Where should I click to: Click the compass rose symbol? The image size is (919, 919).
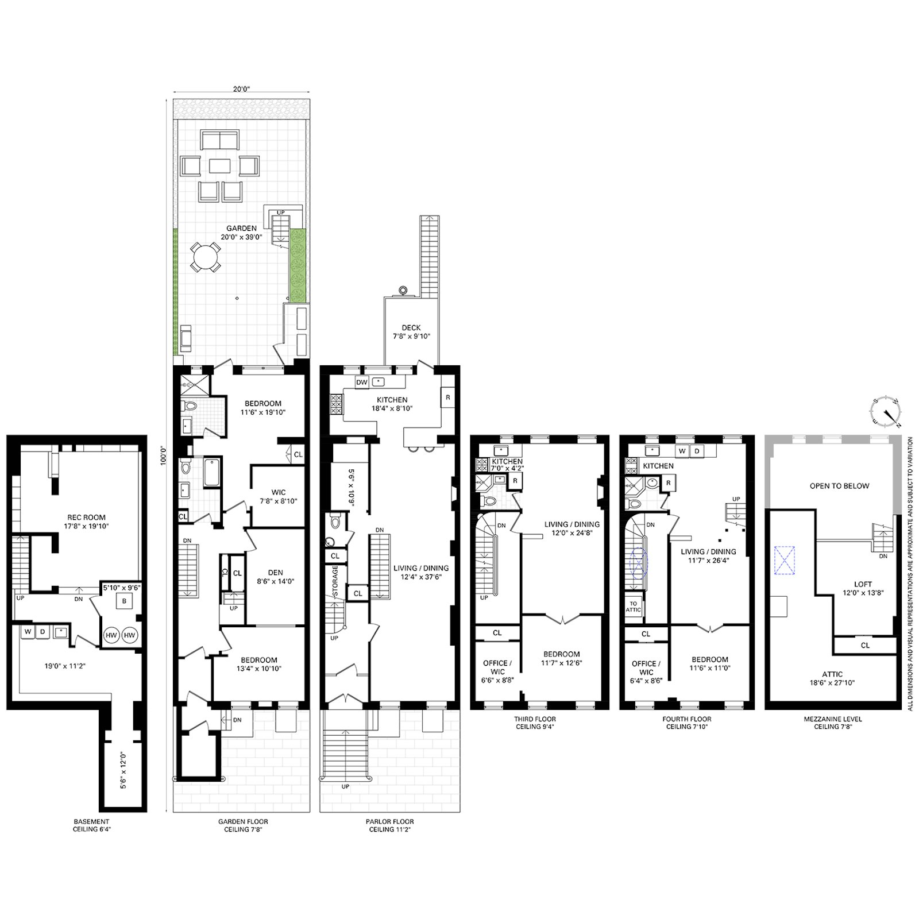(886, 412)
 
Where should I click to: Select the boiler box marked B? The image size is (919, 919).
(123, 602)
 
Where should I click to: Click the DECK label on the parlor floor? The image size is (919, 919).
(411, 328)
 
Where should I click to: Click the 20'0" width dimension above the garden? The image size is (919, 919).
(241, 88)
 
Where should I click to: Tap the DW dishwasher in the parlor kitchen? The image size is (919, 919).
(361, 382)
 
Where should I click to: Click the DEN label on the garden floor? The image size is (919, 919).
(275, 572)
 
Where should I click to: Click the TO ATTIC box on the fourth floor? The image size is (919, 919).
(634, 607)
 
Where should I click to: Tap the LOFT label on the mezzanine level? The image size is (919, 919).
(863, 584)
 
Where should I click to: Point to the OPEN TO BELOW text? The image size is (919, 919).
(839, 486)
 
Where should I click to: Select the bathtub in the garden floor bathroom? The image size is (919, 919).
(211, 472)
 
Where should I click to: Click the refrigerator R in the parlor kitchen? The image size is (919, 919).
(448, 397)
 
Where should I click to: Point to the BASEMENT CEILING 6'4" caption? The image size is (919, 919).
(91, 825)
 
